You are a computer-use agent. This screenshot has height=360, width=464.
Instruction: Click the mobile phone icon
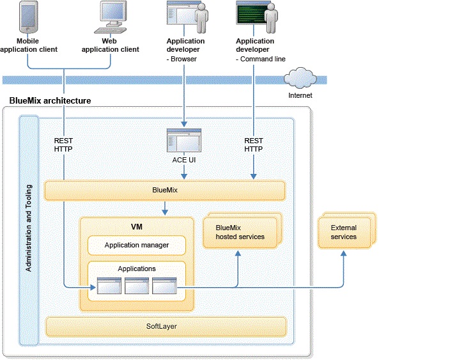[x=28, y=17]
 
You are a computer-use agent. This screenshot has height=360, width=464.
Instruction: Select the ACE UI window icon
[x=184, y=140]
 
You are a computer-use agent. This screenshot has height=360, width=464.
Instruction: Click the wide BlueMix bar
[x=164, y=191]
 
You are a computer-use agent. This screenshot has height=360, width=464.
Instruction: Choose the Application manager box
[x=137, y=245]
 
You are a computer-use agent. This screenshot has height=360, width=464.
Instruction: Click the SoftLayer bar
[x=165, y=327]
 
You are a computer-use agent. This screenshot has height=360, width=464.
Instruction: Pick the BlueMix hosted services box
[x=240, y=232]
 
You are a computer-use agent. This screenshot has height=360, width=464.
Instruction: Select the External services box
[x=343, y=232]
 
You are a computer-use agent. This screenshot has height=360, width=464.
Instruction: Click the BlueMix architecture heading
[x=50, y=101]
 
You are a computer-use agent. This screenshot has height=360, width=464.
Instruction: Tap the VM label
[x=136, y=226]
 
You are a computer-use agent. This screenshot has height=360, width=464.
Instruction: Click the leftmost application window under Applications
[x=109, y=287]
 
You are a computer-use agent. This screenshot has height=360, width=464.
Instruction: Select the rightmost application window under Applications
[x=164, y=287]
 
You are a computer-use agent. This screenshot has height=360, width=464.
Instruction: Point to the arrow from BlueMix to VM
[x=165, y=208]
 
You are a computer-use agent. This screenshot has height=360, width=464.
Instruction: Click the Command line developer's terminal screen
[x=251, y=13]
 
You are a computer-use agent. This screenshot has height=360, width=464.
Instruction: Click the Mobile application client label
[x=29, y=45]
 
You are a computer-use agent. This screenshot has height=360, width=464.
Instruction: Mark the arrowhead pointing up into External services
[x=343, y=253]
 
